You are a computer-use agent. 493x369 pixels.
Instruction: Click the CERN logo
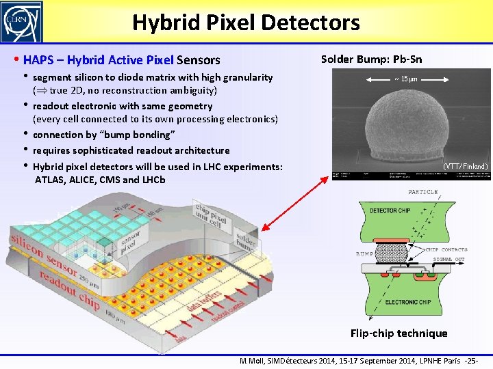pos(22,22)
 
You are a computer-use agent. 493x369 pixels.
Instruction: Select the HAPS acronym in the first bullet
pos(39,60)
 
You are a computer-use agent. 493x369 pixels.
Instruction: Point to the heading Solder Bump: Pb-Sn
pos(371,59)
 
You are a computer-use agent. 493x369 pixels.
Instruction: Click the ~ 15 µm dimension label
pos(406,79)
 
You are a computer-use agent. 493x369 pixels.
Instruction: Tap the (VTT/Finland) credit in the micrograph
pos(465,166)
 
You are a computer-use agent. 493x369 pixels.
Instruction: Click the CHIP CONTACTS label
pos(446,249)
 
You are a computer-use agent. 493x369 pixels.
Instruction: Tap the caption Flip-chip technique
pos(399,333)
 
